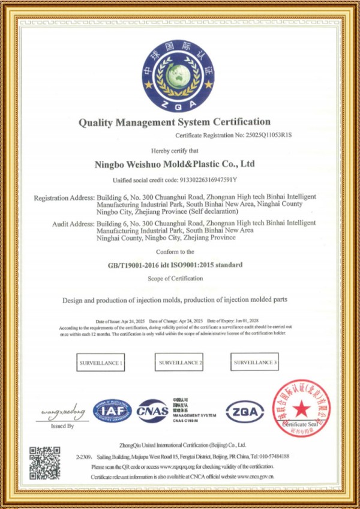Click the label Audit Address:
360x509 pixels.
(x=74, y=223)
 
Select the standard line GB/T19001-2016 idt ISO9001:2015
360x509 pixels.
(x=175, y=265)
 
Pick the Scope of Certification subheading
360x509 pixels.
(x=175, y=279)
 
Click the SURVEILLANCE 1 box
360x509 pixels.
(x=101, y=363)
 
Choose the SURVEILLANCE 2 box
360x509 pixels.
(x=180, y=363)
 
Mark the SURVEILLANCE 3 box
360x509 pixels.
(x=255, y=362)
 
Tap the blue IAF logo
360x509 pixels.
(x=112, y=411)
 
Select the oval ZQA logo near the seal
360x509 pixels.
(x=244, y=412)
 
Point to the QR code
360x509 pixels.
(x=45, y=463)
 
